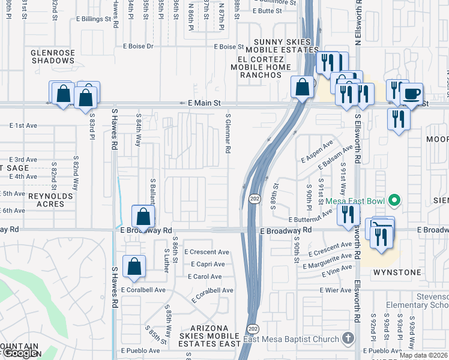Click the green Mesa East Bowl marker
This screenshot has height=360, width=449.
click(394, 200)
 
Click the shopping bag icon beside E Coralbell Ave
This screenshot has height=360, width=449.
click(134, 266)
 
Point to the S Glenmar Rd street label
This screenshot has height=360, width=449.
click(228, 133)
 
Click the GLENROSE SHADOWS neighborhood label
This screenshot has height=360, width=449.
click(53, 56)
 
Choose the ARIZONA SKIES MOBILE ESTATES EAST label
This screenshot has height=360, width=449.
click(210, 334)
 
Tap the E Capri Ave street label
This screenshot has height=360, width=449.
click(208, 264)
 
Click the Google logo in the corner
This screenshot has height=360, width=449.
click(20, 353)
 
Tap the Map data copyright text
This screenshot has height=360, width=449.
click(423, 355)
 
